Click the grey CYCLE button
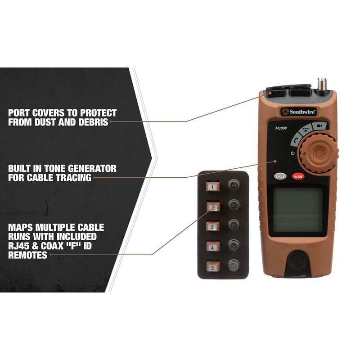click(x=280, y=176)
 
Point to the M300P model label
click(x=282, y=128)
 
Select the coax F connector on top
click(x=322, y=84)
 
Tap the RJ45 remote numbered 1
click(x=212, y=186)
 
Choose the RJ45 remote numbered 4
click(x=212, y=246)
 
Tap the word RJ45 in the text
click(x=22, y=247)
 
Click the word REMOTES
click(x=28, y=255)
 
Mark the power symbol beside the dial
click(x=293, y=153)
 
